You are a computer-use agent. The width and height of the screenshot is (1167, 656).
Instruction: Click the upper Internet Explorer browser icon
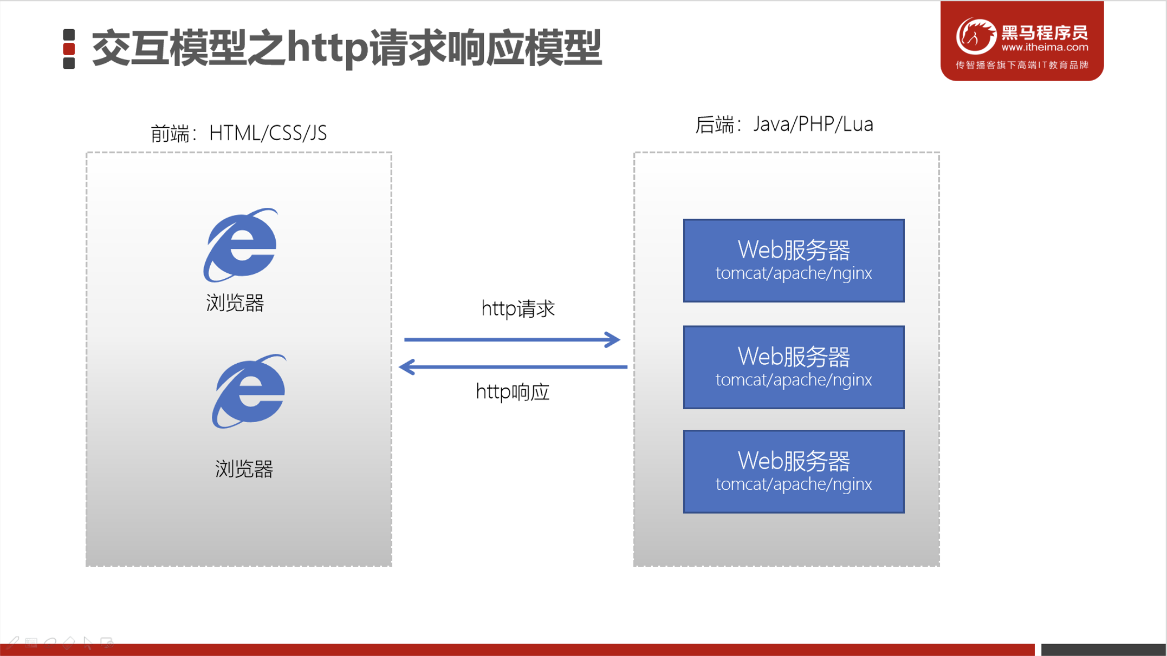point(241,245)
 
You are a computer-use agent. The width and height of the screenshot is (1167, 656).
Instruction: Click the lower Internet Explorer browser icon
point(249,391)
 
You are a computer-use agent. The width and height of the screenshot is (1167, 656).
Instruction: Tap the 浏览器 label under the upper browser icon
point(235,303)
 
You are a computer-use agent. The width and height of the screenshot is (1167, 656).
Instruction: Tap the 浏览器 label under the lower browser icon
point(244,469)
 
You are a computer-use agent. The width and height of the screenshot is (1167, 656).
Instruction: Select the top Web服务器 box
point(793,260)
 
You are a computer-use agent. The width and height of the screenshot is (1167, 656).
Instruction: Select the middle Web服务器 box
point(793,367)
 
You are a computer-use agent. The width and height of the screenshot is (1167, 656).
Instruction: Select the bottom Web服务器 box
point(793,471)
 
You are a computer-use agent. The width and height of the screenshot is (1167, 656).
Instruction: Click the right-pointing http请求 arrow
point(511,340)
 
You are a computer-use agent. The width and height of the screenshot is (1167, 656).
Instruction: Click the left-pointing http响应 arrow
point(513,367)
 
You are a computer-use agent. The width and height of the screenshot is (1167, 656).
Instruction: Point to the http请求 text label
point(518,309)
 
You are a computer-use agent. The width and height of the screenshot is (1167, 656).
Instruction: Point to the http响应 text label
point(513,392)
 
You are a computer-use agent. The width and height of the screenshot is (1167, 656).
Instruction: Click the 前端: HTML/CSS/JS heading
point(238,133)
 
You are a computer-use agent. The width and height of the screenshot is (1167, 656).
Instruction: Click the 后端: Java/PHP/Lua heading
point(784,124)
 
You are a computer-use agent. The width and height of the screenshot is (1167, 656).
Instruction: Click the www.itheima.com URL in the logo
point(1044,48)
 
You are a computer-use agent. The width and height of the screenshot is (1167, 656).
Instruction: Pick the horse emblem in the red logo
point(976,36)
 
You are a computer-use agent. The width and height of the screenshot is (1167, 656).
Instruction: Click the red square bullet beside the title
point(69,49)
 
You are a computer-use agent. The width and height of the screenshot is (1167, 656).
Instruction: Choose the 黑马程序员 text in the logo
point(1044,32)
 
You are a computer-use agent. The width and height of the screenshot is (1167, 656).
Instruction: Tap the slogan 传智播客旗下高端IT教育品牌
point(1022,65)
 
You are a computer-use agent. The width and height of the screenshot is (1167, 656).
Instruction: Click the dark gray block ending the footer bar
point(1103,650)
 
